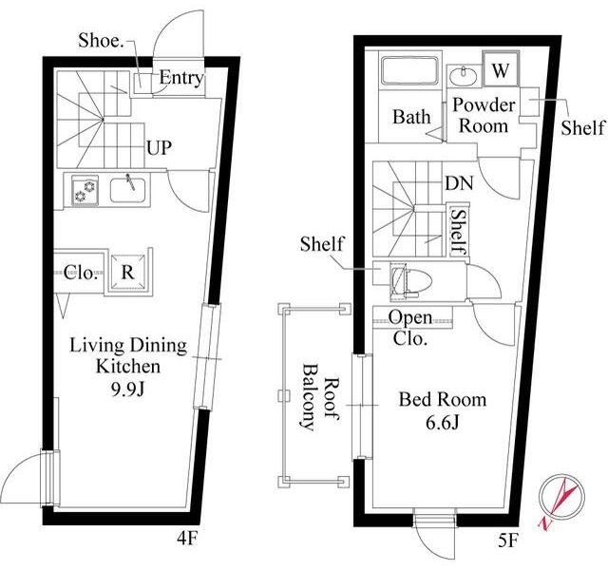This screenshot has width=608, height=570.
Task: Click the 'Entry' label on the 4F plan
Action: (x=181, y=78)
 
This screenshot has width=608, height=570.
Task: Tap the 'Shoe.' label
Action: (x=101, y=40)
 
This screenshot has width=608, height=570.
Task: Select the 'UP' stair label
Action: (x=159, y=148)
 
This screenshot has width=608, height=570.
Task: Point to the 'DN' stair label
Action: (x=459, y=183)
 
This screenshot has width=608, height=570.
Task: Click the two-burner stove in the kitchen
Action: (x=85, y=190)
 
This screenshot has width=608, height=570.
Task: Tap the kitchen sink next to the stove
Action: (x=127, y=189)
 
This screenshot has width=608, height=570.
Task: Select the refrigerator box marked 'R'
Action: (x=128, y=273)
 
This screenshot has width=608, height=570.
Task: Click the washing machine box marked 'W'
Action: (x=501, y=70)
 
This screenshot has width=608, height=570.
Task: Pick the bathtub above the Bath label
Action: (x=409, y=70)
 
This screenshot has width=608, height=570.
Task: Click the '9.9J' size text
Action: (x=127, y=390)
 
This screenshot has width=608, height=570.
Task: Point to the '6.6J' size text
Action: (x=442, y=423)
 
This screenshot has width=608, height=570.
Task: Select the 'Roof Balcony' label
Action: (x=320, y=397)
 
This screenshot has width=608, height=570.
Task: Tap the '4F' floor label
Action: (x=188, y=539)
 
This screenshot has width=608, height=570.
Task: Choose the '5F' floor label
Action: (x=508, y=541)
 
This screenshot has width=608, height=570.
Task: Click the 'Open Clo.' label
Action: (x=410, y=328)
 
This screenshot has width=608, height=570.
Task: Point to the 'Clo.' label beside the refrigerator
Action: (x=79, y=273)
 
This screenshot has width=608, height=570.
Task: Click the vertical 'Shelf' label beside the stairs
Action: (x=459, y=232)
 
